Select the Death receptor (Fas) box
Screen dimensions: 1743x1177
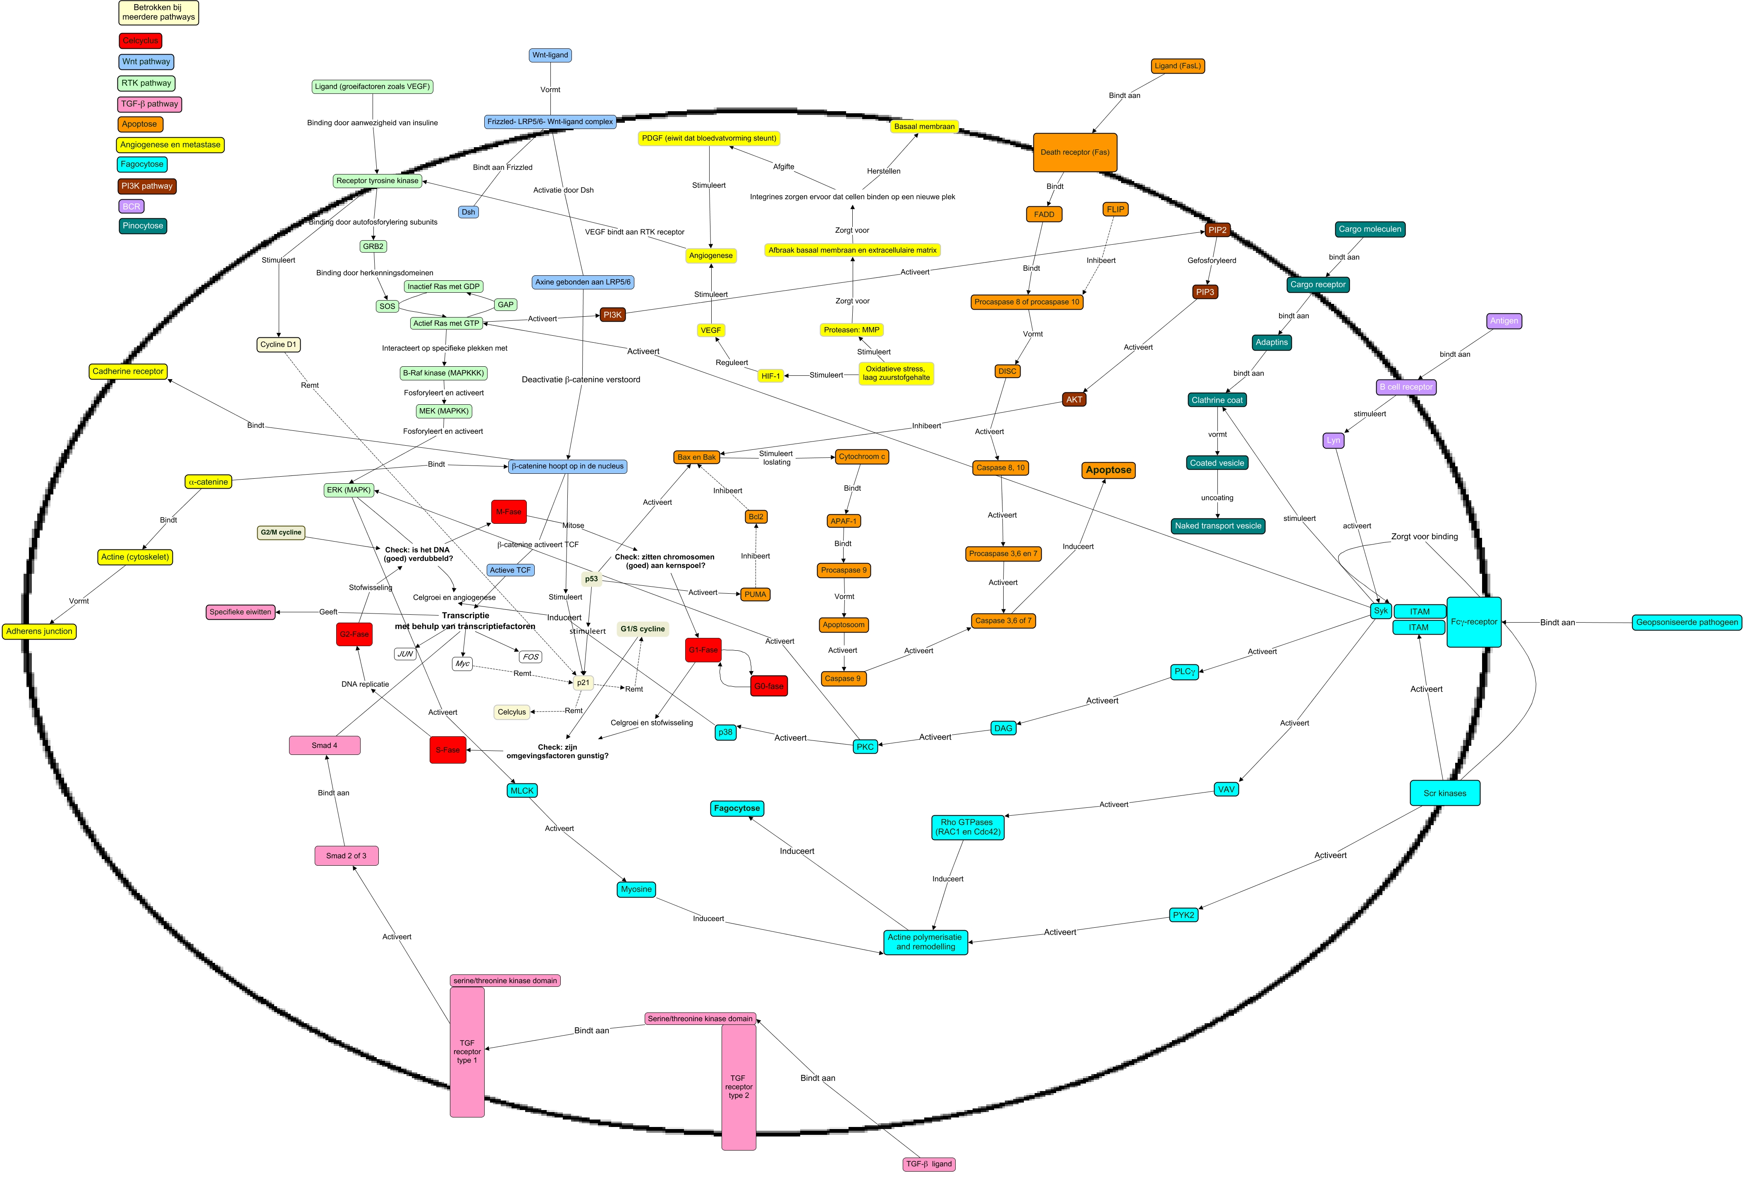tap(1075, 152)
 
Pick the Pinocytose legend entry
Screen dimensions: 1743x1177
tap(143, 226)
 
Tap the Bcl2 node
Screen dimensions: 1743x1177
tap(756, 516)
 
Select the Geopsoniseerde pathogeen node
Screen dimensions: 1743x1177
tap(1686, 622)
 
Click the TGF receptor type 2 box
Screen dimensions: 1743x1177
tap(739, 1086)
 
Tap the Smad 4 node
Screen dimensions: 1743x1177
tap(324, 745)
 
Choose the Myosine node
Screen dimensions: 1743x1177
tap(636, 889)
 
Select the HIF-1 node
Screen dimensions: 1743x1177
tap(770, 376)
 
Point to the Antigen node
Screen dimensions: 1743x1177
tap(1504, 321)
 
